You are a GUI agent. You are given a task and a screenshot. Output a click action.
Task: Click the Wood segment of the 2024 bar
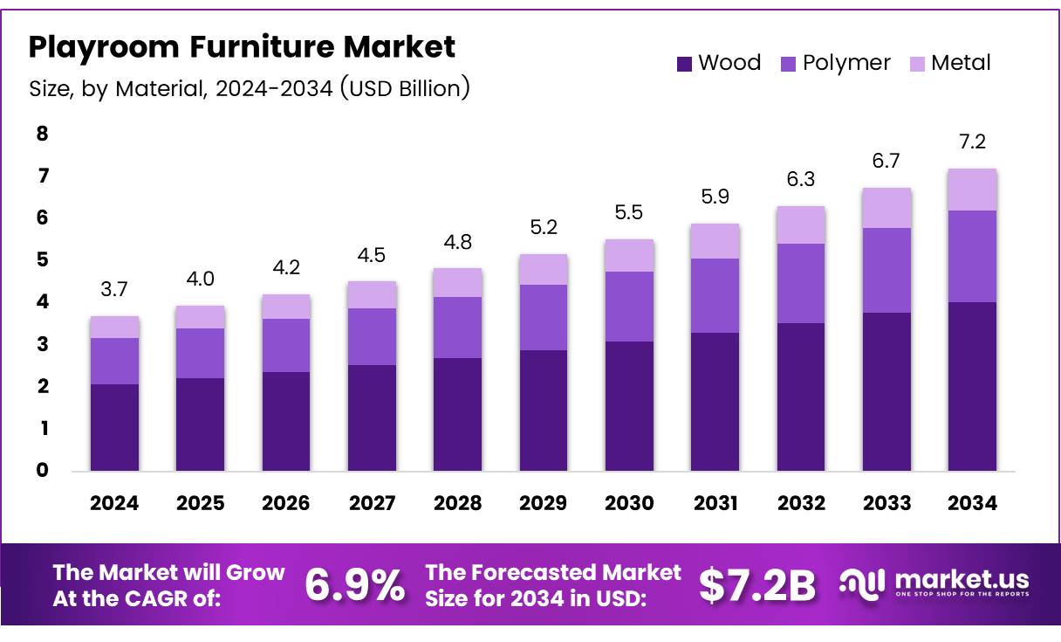coord(114,427)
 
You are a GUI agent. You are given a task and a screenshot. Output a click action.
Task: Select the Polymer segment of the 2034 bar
coord(972,256)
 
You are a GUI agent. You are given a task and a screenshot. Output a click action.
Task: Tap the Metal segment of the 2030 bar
coord(629,255)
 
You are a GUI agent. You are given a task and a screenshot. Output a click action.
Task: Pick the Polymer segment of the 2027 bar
coord(372,336)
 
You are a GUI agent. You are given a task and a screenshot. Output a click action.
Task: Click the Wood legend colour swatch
coord(684,64)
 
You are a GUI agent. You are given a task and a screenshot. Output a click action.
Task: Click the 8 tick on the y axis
coord(42,134)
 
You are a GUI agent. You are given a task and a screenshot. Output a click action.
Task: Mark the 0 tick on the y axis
coord(42,471)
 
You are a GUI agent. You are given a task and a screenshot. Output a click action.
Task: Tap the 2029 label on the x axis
coord(543,503)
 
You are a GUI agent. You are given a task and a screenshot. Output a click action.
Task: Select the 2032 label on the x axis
coord(800,503)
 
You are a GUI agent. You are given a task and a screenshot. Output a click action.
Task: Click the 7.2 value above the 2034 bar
coord(972,142)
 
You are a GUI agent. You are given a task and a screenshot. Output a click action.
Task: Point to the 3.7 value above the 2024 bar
coord(114,289)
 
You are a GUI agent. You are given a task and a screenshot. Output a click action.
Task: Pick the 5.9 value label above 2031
coord(715,197)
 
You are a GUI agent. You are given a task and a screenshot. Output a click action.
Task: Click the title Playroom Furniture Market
coord(242,47)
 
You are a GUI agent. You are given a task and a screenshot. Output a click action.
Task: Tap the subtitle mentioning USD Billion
coord(250,88)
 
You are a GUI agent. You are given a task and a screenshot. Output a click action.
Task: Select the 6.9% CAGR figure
coord(354,585)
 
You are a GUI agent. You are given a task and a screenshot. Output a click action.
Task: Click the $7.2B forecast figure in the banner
coord(756,585)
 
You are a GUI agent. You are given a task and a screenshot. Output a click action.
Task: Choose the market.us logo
coord(934,583)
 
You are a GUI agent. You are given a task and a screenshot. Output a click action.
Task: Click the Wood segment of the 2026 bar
coord(286,421)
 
